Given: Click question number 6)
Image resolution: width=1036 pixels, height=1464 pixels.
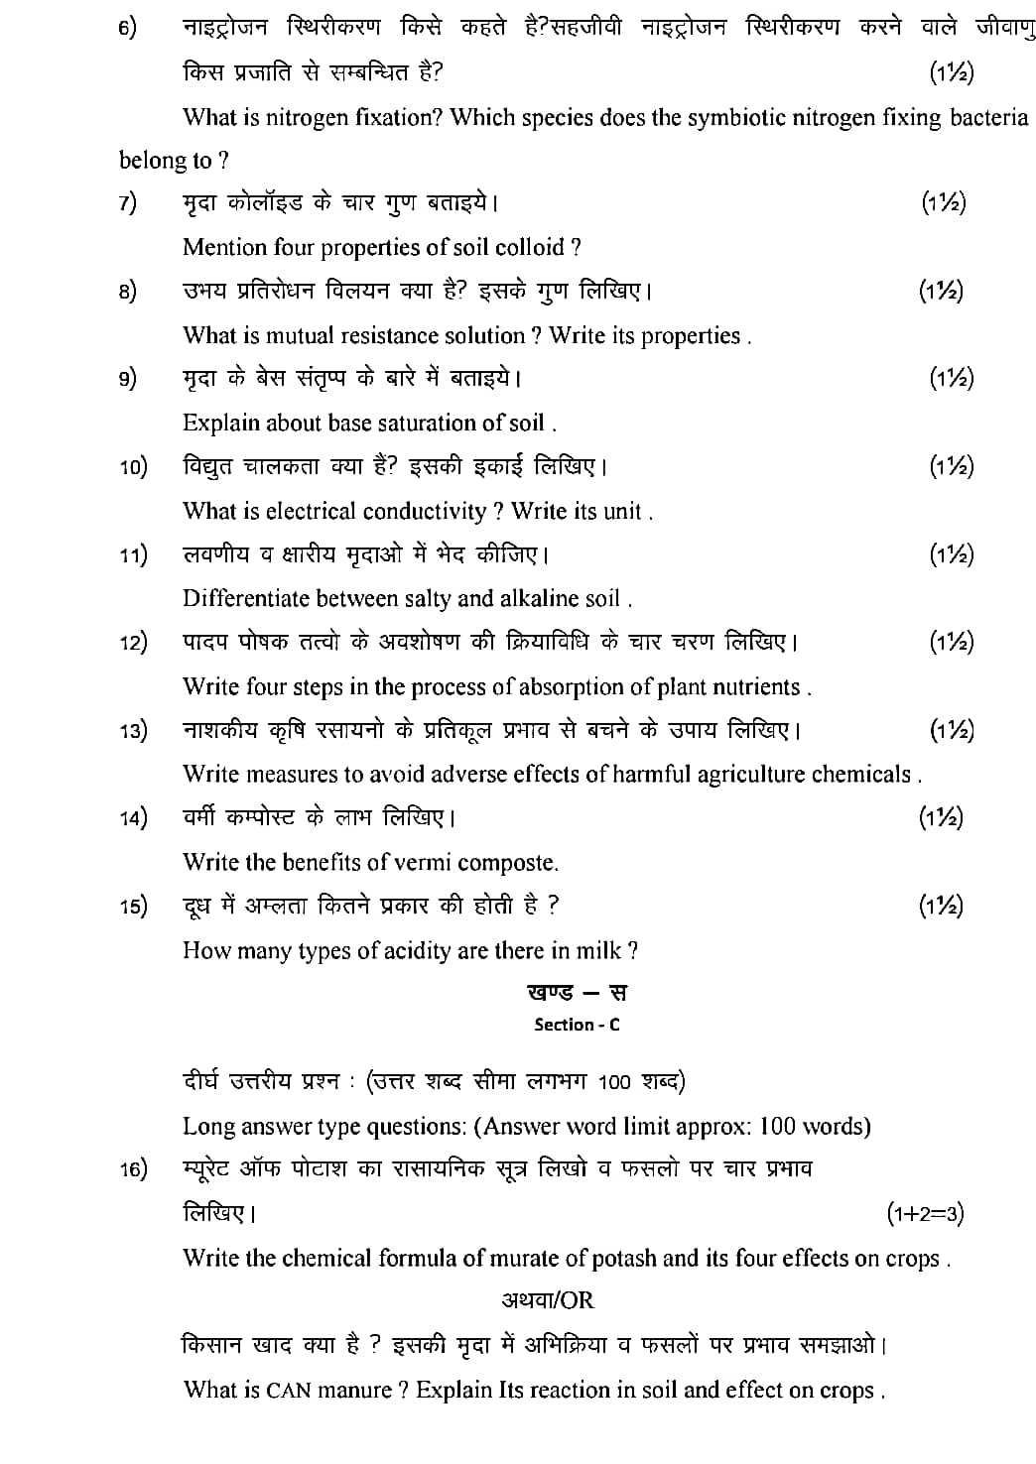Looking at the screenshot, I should pos(128,29).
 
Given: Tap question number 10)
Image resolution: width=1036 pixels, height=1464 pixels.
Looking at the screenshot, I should pos(133,467).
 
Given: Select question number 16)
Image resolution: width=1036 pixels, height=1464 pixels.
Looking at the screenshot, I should pos(133,1170).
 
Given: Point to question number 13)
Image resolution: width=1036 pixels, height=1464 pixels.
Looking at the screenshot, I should pos(133,731).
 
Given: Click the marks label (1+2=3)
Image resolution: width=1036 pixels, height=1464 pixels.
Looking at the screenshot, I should pos(925,1212).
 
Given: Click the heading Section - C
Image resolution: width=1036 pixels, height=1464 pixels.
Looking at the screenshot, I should pos(577,1025).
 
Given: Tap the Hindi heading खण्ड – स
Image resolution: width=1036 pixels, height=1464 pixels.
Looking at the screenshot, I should pos(577,993).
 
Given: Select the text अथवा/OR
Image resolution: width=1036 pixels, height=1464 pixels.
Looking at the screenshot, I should pos(548,1300).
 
